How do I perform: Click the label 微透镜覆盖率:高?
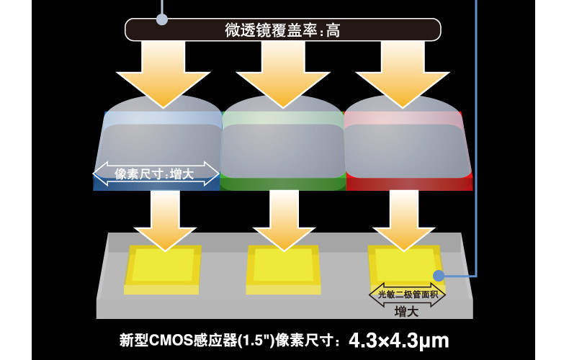pos(282,30)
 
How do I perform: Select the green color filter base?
pos(283,184)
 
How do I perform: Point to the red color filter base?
pos(408,184)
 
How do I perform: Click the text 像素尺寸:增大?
pos(154,173)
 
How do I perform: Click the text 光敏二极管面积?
pos(408,294)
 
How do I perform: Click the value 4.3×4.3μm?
pos(399,339)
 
